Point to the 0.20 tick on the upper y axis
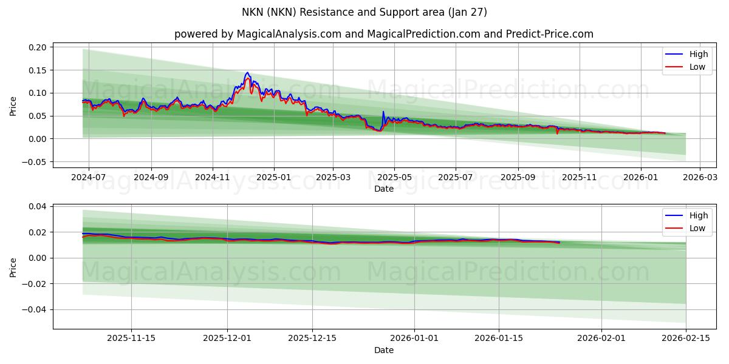point(38,47)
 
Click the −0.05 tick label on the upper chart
point(35,162)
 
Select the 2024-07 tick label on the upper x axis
point(89,177)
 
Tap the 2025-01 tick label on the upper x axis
point(274,177)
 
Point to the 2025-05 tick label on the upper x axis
point(394,177)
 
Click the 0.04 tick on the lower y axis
point(38,207)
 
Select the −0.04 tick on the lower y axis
point(35,309)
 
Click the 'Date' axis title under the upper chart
point(383,189)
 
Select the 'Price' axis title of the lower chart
point(13,268)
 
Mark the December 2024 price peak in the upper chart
point(247,73)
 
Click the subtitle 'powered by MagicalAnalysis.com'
point(258,34)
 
